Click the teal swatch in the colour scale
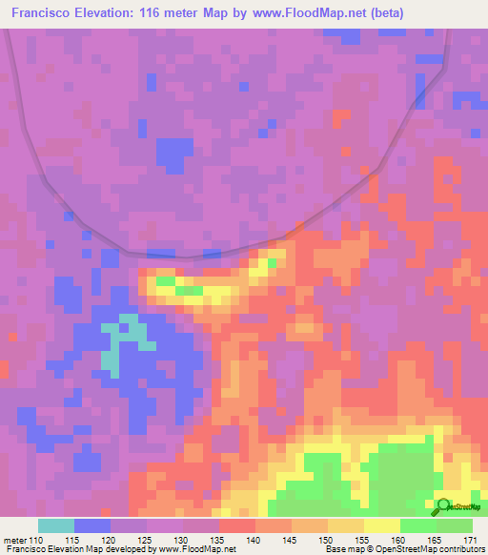click(56, 525)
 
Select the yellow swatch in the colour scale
click(382, 525)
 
